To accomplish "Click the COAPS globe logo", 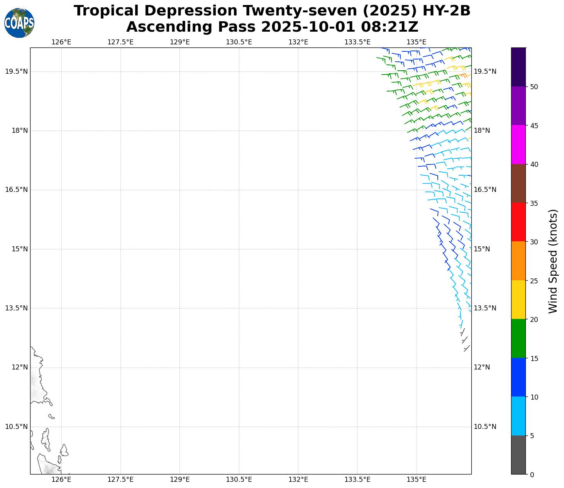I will pos(19,23).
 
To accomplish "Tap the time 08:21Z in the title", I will pos(390,27).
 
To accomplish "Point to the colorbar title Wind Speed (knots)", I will pos(553,261).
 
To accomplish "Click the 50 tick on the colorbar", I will pos(534,87).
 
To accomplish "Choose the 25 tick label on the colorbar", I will pos(534,281).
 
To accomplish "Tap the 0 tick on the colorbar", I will pos(532,474).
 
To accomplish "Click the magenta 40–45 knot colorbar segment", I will pos(518,144).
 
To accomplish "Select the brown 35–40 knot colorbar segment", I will pos(518,183).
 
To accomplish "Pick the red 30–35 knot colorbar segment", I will pos(518,222).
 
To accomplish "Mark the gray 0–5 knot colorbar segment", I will pos(518,455).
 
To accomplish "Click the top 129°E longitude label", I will pos(180,42).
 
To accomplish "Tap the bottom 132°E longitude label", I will pos(298,480).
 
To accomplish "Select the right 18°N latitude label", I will pos(482,130).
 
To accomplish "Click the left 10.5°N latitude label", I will pos(16,427).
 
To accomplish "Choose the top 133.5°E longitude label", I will pos(357,42).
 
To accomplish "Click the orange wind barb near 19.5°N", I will pos(463,76).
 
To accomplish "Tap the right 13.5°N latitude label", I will pos(485,308).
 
